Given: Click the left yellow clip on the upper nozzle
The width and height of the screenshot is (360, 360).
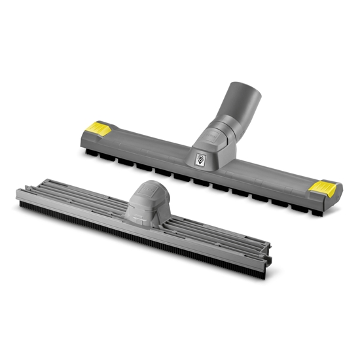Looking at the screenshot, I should point(97,126).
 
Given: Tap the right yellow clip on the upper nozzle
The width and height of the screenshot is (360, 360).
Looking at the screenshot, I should point(322,188).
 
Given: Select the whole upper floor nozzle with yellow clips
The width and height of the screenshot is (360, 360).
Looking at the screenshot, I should point(209,157).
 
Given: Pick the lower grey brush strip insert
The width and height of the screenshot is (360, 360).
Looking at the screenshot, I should point(144,223).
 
